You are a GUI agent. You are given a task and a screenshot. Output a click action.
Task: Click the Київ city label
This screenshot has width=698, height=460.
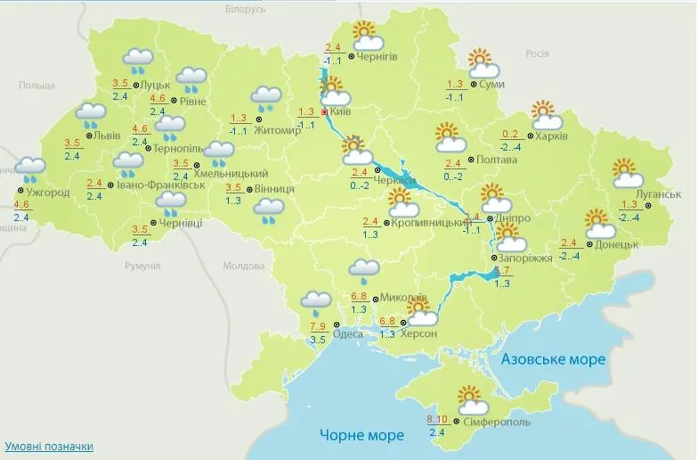[x=342, y=113]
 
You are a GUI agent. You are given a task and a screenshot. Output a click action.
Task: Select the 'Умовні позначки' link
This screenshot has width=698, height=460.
[x=49, y=446]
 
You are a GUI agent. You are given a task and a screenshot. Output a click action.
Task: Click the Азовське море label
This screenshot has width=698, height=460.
[x=553, y=359]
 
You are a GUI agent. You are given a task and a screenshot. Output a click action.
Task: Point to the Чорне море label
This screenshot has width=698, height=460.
[x=361, y=435]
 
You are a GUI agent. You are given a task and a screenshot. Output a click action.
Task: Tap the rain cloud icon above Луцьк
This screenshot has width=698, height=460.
[x=139, y=61]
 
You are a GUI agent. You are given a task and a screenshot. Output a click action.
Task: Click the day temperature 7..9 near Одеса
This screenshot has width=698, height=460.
[x=317, y=326]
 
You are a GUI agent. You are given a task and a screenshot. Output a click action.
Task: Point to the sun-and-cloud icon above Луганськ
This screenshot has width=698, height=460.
[x=628, y=173]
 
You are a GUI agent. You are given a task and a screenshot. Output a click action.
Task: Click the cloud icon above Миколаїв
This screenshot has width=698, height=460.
[x=364, y=268]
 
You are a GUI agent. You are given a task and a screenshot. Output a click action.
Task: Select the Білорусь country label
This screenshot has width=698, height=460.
[x=246, y=9]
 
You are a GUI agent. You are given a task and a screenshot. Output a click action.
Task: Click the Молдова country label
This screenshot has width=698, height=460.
[x=243, y=266]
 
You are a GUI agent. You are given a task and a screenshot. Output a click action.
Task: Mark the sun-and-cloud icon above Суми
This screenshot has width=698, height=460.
[x=482, y=62]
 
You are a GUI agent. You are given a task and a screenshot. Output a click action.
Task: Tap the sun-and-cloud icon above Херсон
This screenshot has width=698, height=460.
[x=420, y=312]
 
